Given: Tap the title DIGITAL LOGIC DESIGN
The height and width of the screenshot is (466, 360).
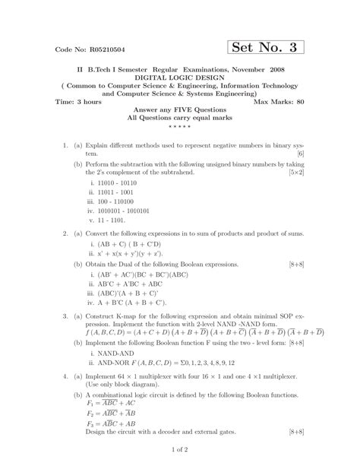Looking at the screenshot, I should [179, 78].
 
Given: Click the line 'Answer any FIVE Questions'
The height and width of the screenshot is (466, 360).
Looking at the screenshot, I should [179, 110].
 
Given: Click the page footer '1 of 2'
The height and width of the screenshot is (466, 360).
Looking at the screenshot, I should [179, 454].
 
